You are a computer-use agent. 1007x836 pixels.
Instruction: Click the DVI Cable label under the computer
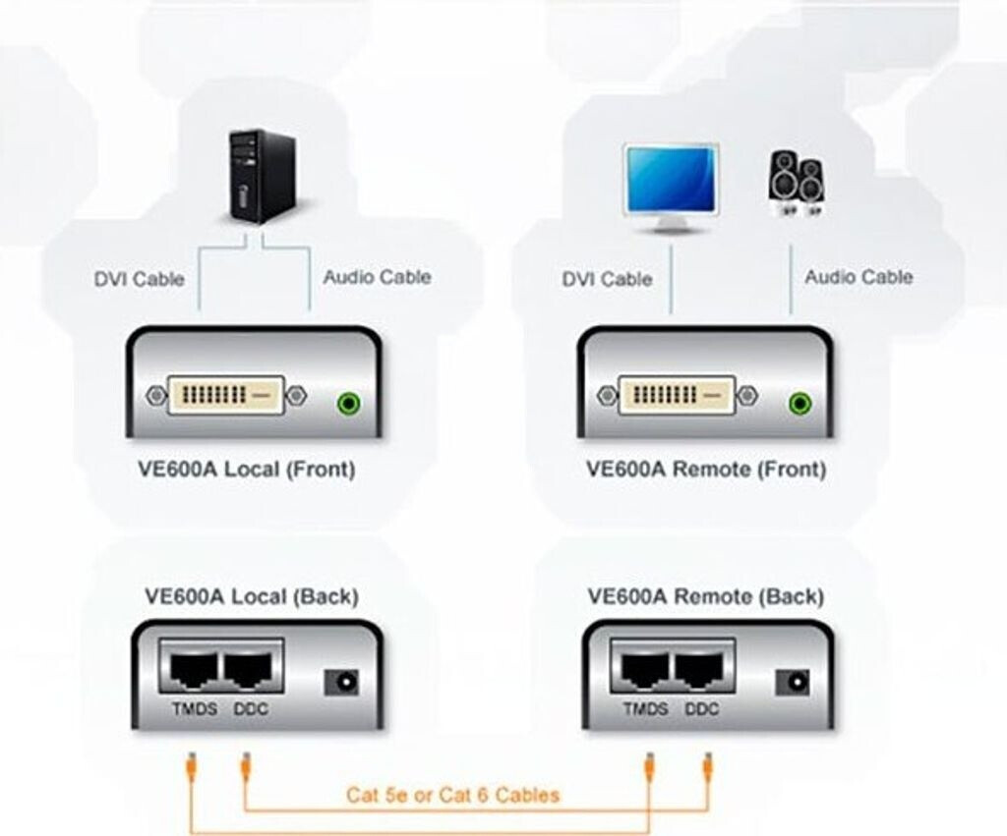pyautogui.click(x=140, y=279)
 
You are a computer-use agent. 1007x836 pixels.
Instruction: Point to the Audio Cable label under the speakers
pyautogui.click(x=859, y=278)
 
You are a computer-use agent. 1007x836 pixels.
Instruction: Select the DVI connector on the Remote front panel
pyautogui.click(x=678, y=397)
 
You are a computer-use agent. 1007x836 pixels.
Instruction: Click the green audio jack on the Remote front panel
pyautogui.click(x=801, y=402)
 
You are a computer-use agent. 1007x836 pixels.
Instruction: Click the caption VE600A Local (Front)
pyautogui.click(x=246, y=469)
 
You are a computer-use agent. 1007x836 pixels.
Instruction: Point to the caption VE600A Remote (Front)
pyautogui.click(x=706, y=469)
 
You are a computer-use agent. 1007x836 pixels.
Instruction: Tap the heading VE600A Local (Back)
pyautogui.click(x=252, y=596)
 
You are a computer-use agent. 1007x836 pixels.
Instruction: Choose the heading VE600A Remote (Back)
pyautogui.click(x=705, y=596)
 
